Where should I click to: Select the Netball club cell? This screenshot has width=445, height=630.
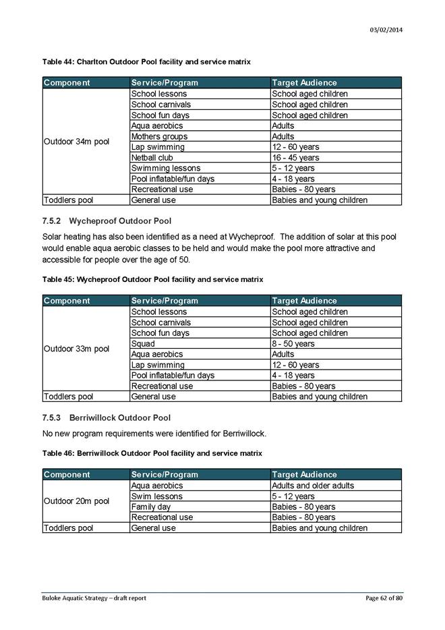point(152,158)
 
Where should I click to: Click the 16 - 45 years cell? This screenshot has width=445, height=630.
point(295,158)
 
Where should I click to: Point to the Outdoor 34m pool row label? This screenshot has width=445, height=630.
point(76,142)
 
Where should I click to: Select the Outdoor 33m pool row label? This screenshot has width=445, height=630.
point(76,349)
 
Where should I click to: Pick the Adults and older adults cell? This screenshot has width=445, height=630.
point(312,486)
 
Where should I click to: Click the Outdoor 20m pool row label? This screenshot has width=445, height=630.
point(76,501)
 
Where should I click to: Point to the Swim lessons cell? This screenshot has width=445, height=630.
point(156,496)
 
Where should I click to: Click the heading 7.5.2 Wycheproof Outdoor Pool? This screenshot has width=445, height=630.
point(107,221)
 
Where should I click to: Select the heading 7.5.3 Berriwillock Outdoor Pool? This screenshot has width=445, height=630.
point(107,418)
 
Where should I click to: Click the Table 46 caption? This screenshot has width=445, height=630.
point(152,453)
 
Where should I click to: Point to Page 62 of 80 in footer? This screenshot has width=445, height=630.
point(384,598)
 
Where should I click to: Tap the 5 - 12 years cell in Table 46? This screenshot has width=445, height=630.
point(293,496)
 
